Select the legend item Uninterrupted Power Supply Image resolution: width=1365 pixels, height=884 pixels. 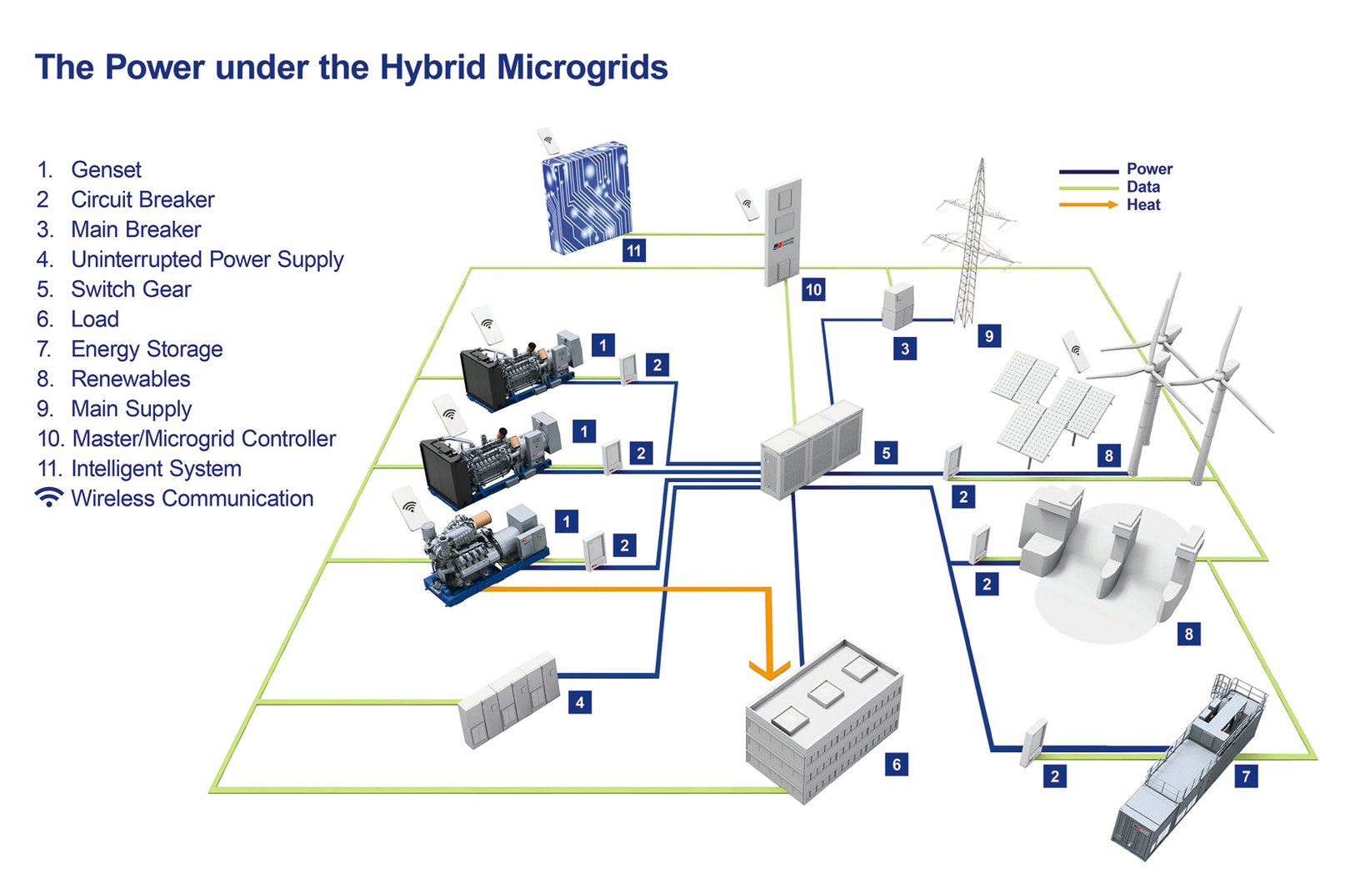pyautogui.click(x=207, y=259)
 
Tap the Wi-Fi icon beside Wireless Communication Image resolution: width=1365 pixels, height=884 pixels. pyautogui.click(x=49, y=498)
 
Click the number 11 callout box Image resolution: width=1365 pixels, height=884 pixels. pyautogui.click(x=634, y=250)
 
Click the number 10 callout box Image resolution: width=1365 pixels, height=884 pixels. pyautogui.click(x=813, y=289)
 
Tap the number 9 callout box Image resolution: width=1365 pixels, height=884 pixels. pyautogui.click(x=989, y=336)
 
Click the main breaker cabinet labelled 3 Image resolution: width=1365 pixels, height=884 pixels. pyautogui.click(x=897, y=306)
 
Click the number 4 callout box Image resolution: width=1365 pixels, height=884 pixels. pyautogui.click(x=580, y=702)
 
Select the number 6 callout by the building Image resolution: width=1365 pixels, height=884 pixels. pyautogui.click(x=897, y=764)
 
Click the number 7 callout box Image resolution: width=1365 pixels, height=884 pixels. pyautogui.click(x=1246, y=776)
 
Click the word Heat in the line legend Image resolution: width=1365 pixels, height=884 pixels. pyautogui.click(x=1143, y=205)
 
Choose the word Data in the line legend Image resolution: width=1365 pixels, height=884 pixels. pyautogui.click(x=1142, y=187)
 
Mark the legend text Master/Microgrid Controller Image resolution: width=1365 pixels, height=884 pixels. pyautogui.click(x=204, y=439)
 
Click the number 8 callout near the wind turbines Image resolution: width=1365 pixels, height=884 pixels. pyautogui.click(x=1108, y=455)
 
